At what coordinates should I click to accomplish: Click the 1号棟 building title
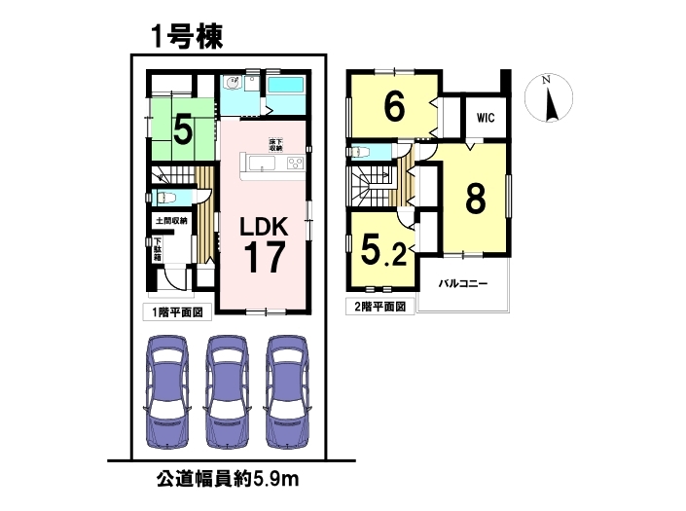[187, 36]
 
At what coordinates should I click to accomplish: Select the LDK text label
[264, 228]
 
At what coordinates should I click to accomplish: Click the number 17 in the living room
[265, 257]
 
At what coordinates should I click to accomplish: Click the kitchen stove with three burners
[295, 164]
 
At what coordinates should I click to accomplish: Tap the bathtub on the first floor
[285, 90]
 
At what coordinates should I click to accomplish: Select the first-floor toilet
[166, 199]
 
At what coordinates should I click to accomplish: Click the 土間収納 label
[171, 221]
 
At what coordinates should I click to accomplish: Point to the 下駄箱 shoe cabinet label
[158, 249]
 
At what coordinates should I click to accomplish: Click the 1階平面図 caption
[177, 312]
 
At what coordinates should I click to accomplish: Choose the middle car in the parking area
[227, 391]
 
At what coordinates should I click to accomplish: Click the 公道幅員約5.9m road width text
[228, 480]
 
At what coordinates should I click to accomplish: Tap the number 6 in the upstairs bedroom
[394, 107]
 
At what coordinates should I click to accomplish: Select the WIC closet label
[486, 118]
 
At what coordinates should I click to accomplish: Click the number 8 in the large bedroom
[476, 199]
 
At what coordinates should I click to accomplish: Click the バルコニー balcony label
[463, 284]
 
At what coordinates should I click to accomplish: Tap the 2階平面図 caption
[379, 307]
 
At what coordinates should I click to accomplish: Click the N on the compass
[546, 80]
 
